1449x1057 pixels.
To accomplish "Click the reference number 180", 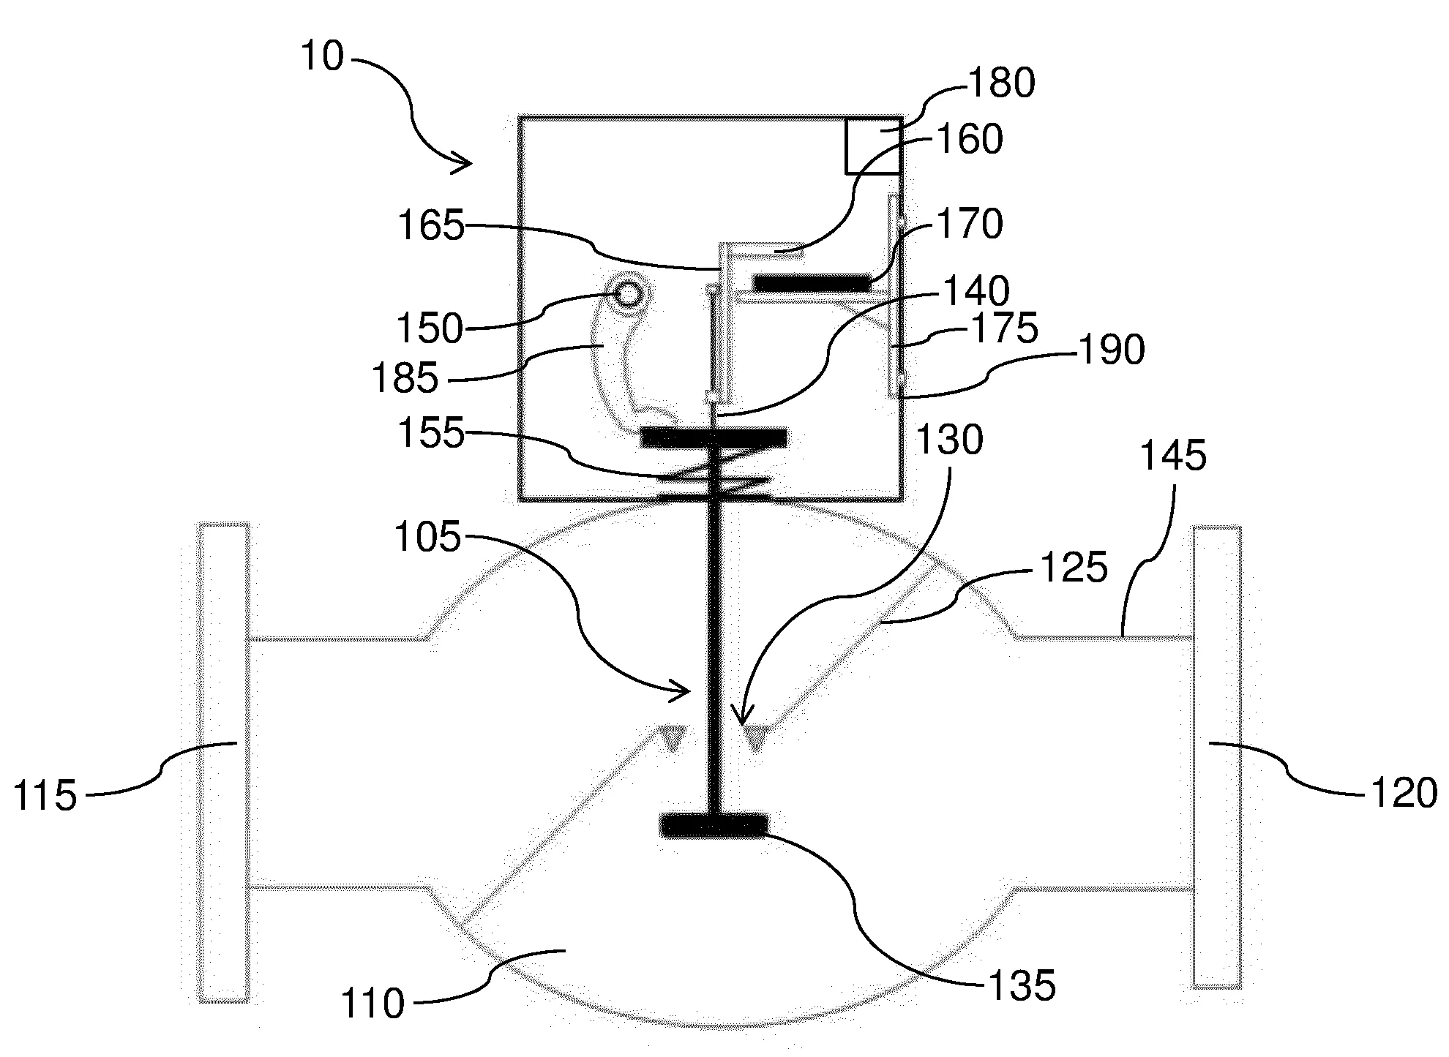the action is [x=1002, y=83].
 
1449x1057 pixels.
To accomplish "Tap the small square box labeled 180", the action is [x=873, y=146].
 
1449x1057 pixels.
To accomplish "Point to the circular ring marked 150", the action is [x=628, y=293].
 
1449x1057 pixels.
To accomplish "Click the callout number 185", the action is [x=405, y=378].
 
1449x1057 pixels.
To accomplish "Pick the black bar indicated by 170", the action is [x=812, y=282].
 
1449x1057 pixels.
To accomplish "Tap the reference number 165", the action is [x=431, y=226].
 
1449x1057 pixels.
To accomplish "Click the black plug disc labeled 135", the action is [x=714, y=824].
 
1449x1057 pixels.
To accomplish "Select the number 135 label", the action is [x=1022, y=985].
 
